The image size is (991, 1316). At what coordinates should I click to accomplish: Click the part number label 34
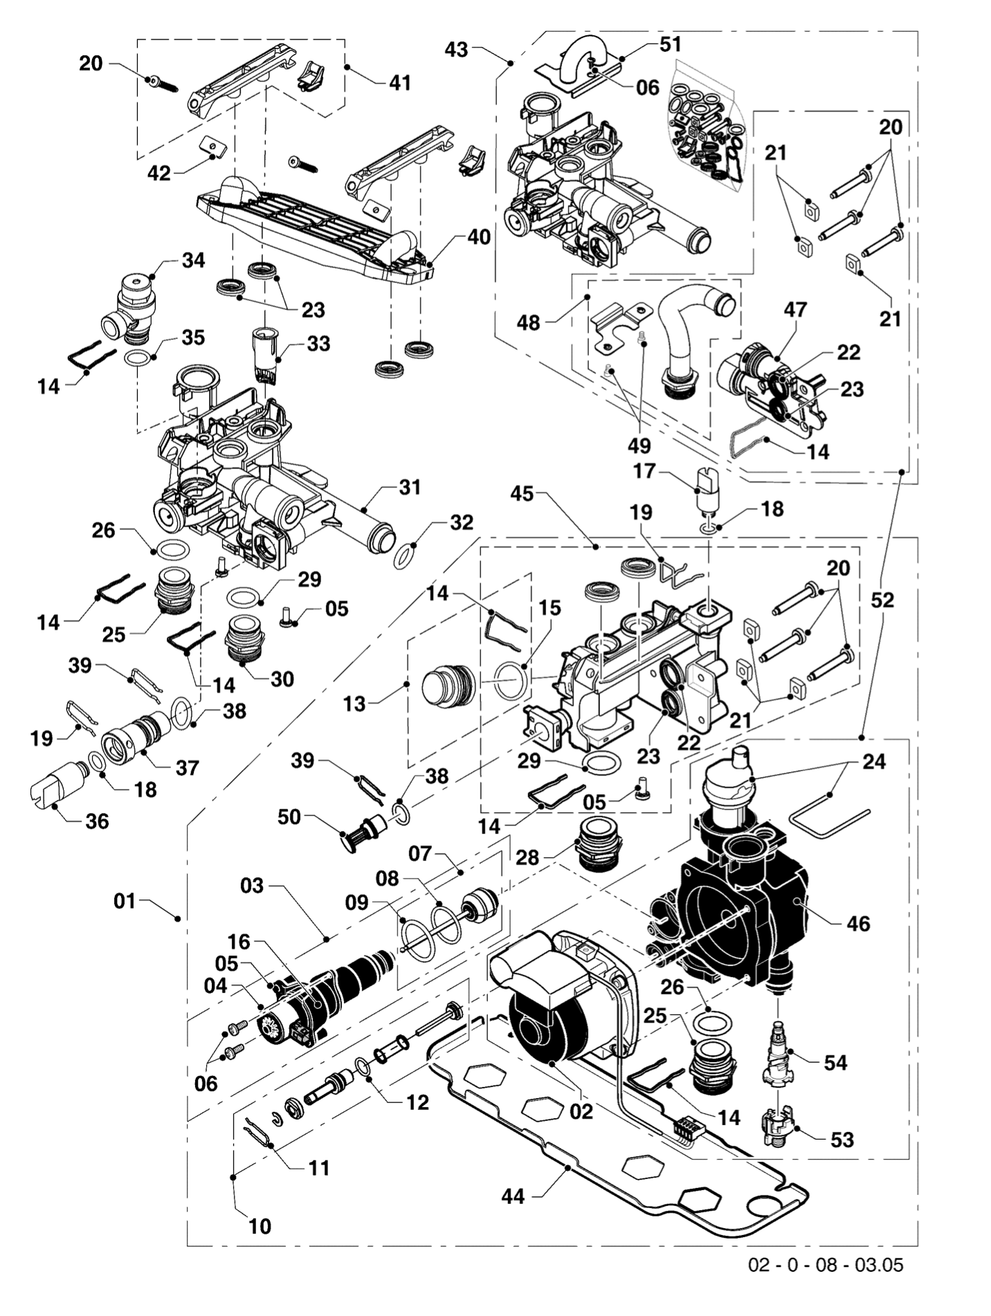194,260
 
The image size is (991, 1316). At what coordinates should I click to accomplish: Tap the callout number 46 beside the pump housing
858,923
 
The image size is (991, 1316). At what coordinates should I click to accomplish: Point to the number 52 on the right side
882,600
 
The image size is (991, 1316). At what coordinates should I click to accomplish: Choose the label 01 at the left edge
125,902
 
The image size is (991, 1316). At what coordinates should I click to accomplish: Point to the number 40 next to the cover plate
479,237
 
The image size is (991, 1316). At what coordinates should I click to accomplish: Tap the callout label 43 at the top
456,49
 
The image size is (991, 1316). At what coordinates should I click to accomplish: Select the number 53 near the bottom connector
842,1139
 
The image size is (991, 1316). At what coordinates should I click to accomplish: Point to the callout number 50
289,816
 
